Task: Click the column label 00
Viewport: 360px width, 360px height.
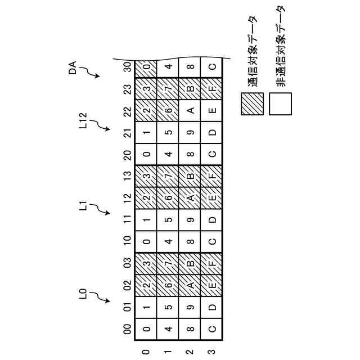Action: point(128,328)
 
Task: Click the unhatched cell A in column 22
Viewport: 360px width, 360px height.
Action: point(191,110)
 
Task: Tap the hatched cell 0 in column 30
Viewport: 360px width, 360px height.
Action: point(146,69)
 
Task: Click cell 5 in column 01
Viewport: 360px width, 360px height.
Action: point(168,307)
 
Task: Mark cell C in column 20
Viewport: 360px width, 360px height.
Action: point(213,154)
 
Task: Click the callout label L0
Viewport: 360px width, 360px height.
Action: point(83,292)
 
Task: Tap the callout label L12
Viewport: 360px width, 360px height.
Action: point(83,121)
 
